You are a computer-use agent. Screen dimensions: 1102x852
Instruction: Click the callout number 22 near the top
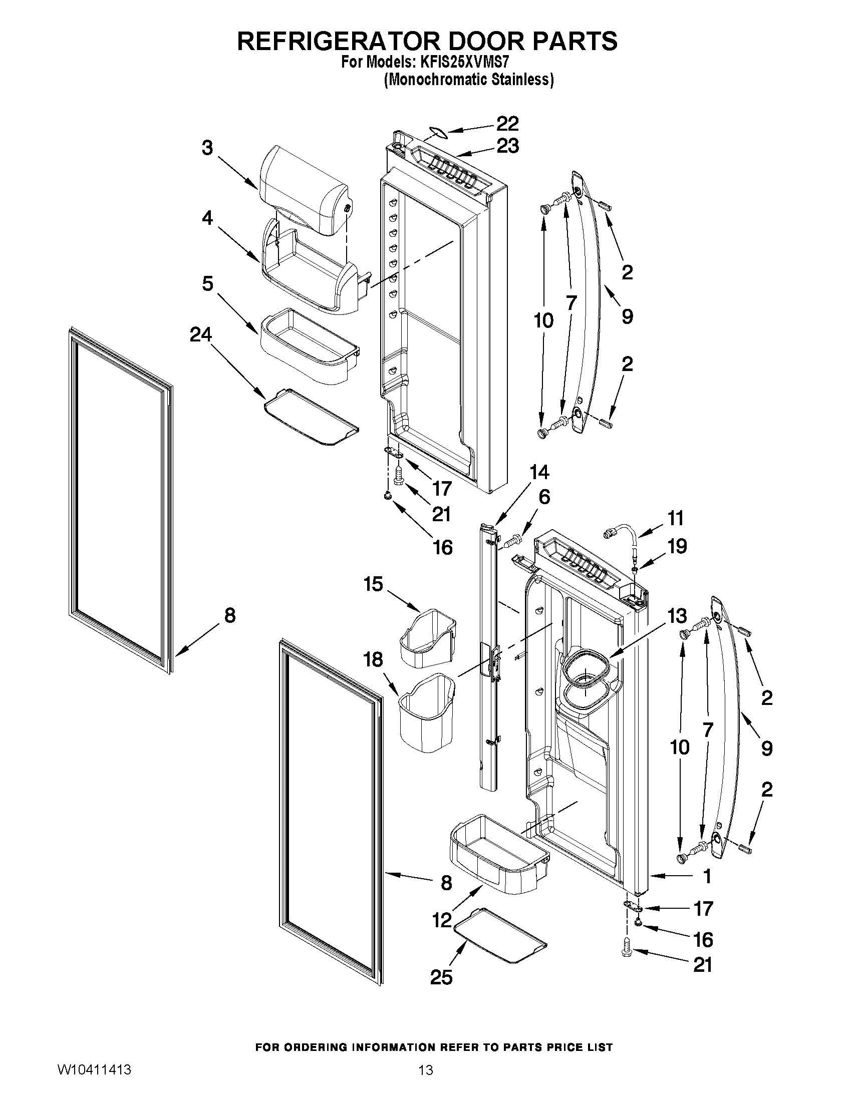click(x=507, y=124)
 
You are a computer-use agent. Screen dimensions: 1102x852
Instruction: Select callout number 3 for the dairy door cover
click(x=207, y=148)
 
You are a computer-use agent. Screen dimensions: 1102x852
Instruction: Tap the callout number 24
click(x=201, y=334)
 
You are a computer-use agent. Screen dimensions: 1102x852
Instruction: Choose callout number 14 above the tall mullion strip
click(x=539, y=472)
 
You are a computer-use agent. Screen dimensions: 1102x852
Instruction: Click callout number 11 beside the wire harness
click(x=675, y=518)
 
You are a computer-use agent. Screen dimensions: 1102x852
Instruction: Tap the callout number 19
click(x=677, y=546)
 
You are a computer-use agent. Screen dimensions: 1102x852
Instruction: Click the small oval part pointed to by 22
click(x=435, y=132)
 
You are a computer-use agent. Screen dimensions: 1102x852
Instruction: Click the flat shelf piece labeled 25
click(x=500, y=937)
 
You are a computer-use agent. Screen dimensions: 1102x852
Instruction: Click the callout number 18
click(x=373, y=659)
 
